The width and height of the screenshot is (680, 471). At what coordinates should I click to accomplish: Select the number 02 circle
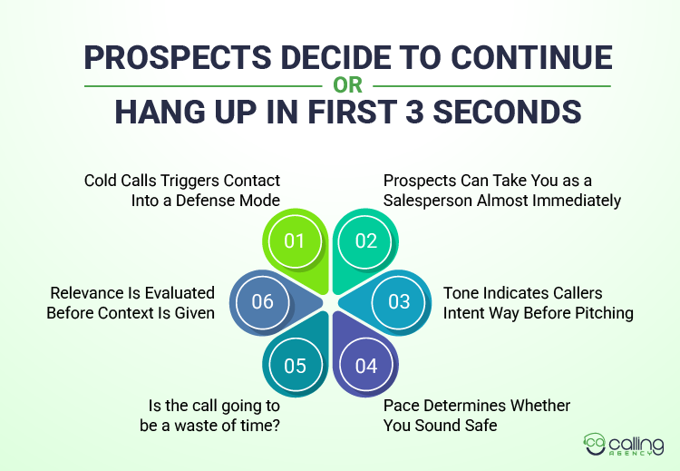click(365, 240)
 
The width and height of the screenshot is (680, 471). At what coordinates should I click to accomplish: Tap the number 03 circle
click(399, 301)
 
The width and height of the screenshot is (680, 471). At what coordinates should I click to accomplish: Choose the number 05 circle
click(296, 365)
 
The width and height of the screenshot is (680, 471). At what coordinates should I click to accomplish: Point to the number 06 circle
click(262, 301)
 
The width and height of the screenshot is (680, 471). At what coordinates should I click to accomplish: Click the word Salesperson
click(426, 201)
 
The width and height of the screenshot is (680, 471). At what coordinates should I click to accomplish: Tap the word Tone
click(460, 293)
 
